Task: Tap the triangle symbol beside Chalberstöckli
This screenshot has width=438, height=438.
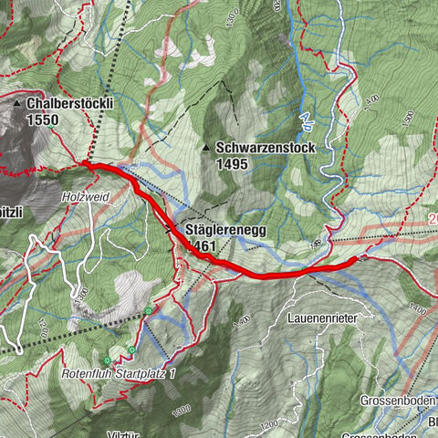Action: (x=17, y=105)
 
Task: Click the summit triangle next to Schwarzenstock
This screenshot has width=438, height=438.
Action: (x=205, y=147)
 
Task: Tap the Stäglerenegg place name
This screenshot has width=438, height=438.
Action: (x=225, y=230)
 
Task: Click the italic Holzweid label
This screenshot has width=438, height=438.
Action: (x=85, y=194)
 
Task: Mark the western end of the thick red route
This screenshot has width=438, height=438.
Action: (x=85, y=164)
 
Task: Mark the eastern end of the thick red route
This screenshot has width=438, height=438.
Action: (x=353, y=260)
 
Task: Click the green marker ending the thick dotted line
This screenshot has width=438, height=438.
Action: (x=148, y=311)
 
